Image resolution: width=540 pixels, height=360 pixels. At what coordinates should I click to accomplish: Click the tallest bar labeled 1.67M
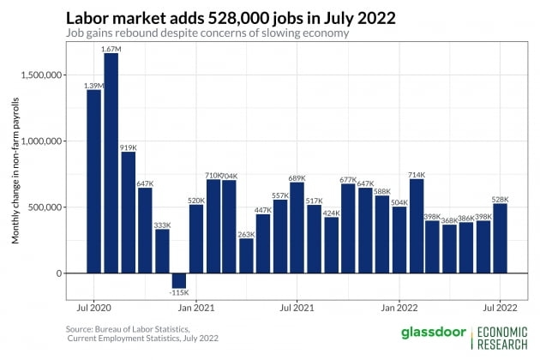111,163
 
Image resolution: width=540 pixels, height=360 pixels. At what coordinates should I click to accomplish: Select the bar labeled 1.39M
93,181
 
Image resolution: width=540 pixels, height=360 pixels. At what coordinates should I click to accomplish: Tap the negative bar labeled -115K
179,280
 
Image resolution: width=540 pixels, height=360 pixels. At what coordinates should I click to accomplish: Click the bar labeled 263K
247,255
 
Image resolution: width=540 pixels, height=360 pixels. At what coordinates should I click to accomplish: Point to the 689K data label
297,177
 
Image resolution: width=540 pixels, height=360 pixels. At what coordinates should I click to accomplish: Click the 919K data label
128,147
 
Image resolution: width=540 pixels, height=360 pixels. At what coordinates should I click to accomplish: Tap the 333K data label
162,225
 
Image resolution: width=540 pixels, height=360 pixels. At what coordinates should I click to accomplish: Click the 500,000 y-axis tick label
44,207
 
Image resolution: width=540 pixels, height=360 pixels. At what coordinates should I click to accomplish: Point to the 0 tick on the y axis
59,273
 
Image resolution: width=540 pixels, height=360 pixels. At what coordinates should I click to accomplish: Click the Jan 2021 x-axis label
196,306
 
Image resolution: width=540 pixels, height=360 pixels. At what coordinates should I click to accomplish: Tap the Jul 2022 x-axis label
501,306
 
